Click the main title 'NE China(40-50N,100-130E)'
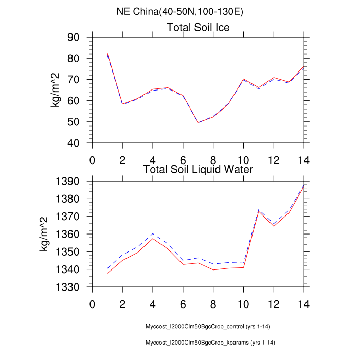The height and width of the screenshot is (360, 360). coord(179,12)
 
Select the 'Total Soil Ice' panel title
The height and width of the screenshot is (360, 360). coord(198,27)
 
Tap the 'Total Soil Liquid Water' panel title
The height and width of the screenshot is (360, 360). coord(198,168)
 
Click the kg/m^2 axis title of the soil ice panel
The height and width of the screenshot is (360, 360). coord(55,90)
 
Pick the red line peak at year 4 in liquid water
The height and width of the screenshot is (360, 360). coord(153,238)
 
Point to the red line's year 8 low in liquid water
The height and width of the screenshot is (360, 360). coord(213,269)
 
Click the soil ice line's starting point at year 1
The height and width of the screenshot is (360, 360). coord(107,53)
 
